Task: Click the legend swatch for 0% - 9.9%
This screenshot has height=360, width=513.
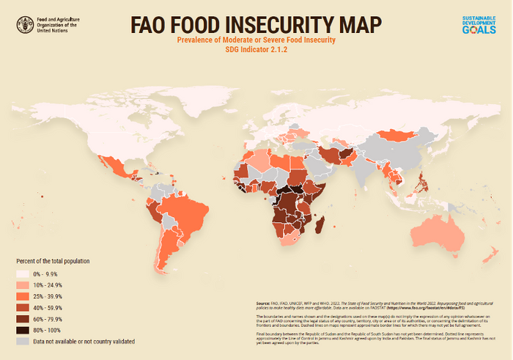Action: tap(24, 273)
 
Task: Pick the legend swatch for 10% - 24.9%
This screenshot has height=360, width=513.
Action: tap(24, 284)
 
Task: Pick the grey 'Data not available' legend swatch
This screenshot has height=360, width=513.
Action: tap(24, 341)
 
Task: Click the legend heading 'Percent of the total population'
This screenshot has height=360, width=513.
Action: tap(62, 261)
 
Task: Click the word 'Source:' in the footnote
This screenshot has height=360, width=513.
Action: tap(264, 302)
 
